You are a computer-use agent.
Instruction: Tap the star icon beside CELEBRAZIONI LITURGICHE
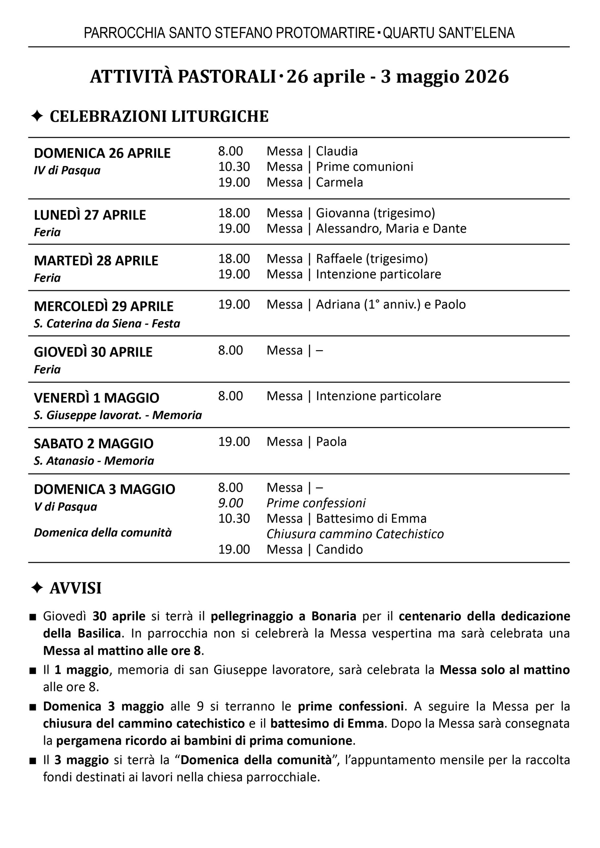click(x=37, y=116)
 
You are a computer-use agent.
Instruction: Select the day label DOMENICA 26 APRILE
click(x=102, y=153)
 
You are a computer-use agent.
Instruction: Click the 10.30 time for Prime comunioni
click(x=234, y=167)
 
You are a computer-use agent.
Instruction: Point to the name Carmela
click(x=339, y=182)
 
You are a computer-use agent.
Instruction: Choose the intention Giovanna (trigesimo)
click(x=375, y=213)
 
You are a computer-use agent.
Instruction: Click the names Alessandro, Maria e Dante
click(x=391, y=228)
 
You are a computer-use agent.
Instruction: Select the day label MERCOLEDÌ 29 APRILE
click(x=103, y=306)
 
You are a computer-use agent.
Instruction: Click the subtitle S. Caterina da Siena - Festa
click(x=107, y=323)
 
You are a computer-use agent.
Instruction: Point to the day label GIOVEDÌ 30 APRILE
click(x=93, y=352)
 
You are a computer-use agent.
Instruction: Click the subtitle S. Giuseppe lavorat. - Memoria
click(x=118, y=415)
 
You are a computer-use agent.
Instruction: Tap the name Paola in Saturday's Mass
click(x=331, y=442)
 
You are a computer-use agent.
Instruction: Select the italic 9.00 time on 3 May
click(x=230, y=503)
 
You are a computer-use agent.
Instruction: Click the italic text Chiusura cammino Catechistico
click(x=355, y=534)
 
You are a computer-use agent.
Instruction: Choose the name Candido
click(x=339, y=550)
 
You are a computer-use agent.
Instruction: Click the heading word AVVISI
click(x=75, y=588)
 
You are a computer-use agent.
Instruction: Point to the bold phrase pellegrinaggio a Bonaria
click(x=283, y=616)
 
